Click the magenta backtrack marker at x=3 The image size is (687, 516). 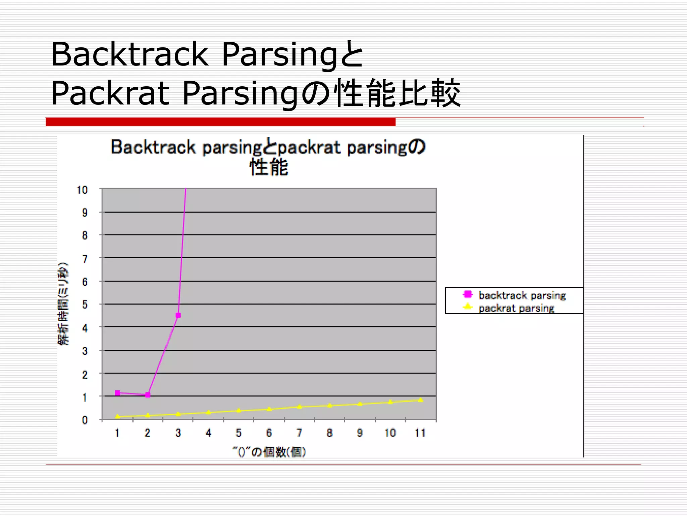178,315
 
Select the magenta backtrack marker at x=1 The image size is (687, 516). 117,393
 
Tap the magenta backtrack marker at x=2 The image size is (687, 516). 148,395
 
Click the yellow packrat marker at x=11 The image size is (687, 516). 421,400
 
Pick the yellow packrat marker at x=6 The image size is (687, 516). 269,409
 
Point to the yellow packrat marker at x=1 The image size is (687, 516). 117,417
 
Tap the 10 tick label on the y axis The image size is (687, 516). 82,190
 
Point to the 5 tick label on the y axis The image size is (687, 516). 85,305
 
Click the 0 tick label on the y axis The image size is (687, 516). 85,420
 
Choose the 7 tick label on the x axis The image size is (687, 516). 299,433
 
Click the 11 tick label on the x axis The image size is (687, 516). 420,433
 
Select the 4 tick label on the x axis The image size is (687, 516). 208,433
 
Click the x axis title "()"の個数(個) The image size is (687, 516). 269,452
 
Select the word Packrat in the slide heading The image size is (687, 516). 110,93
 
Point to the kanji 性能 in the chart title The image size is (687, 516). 269,167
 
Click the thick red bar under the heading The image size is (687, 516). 220,122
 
